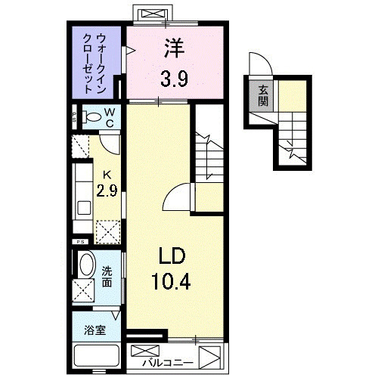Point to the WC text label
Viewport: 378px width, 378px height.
click(x=110, y=117)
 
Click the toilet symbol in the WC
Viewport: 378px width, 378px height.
click(x=91, y=117)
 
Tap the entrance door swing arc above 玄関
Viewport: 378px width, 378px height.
click(x=257, y=69)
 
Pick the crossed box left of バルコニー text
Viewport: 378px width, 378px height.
click(x=144, y=352)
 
